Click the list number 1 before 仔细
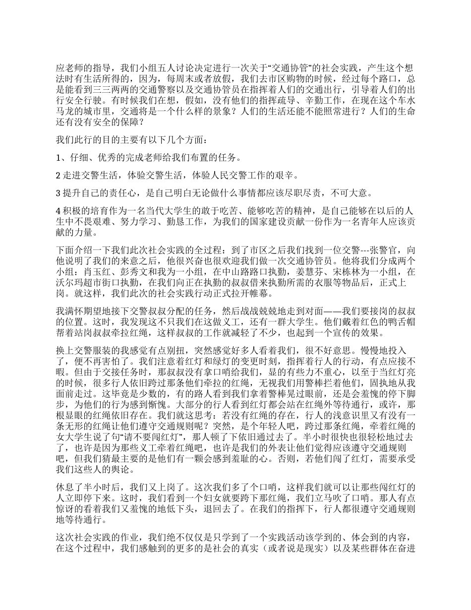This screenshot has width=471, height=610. [x=59, y=158]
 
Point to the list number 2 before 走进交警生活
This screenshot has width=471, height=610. [x=59, y=175]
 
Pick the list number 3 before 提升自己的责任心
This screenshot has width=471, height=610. [x=59, y=192]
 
